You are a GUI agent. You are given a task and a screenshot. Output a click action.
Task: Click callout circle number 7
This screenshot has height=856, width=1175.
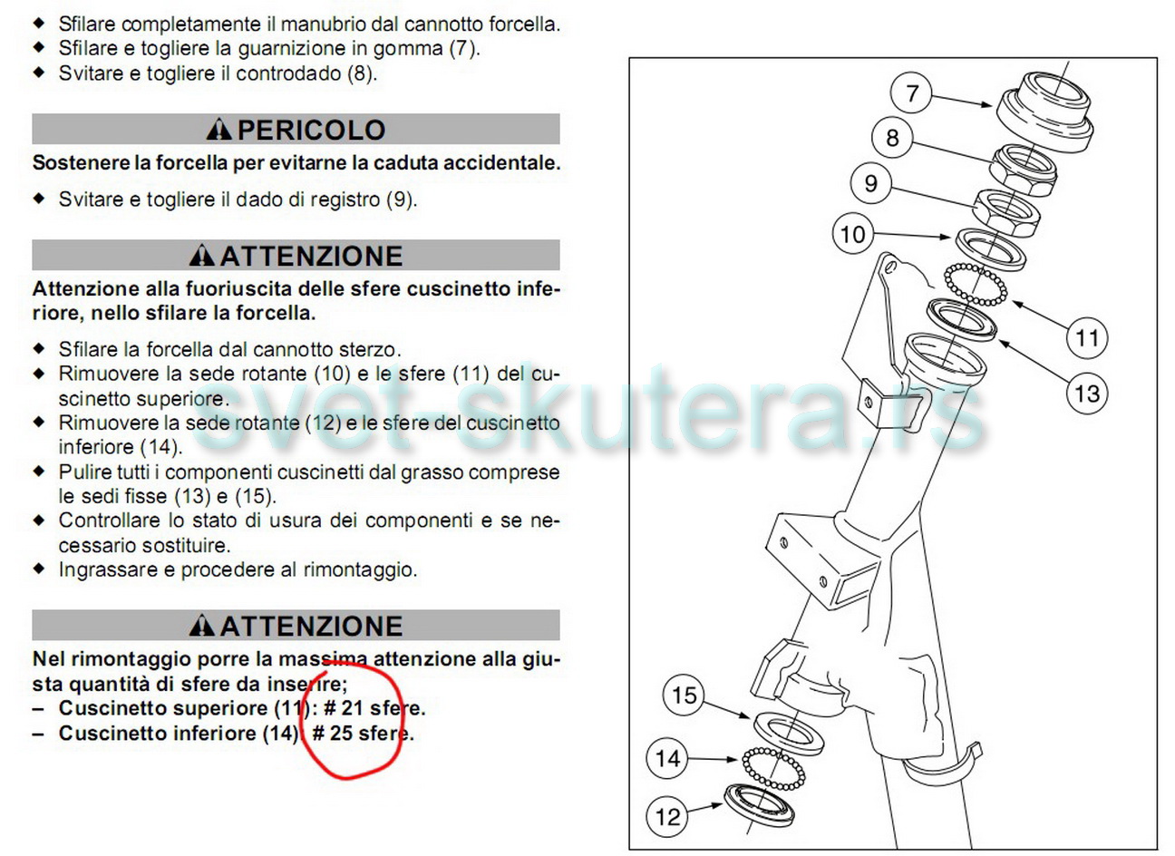[910, 93]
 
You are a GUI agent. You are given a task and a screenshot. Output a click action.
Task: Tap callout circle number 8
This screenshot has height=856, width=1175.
[892, 138]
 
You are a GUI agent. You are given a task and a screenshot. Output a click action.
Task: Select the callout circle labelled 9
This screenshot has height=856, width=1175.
[870, 183]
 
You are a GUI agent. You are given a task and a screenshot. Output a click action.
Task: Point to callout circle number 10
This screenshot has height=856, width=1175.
[853, 234]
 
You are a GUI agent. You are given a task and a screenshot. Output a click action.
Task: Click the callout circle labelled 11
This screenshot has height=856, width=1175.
[1087, 337]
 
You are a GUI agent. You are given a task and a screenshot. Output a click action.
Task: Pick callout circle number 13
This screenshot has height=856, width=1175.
[1087, 394]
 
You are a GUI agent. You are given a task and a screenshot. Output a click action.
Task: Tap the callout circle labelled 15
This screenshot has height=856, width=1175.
[684, 695]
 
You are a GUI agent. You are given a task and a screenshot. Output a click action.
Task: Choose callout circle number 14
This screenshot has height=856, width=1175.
[667, 758]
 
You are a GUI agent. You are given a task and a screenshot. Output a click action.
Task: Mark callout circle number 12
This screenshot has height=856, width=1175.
[667, 816]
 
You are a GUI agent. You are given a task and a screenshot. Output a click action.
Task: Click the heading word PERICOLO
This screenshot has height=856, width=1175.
[312, 130]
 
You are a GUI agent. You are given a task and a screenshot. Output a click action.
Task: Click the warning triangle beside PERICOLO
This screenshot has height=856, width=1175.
[218, 130]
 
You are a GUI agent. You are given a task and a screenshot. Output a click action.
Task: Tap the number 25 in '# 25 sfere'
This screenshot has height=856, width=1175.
[341, 733]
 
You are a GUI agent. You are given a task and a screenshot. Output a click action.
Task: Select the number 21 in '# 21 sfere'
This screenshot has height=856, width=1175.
[353, 708]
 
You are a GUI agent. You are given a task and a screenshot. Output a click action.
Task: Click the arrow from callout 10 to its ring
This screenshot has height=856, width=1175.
[912, 235]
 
